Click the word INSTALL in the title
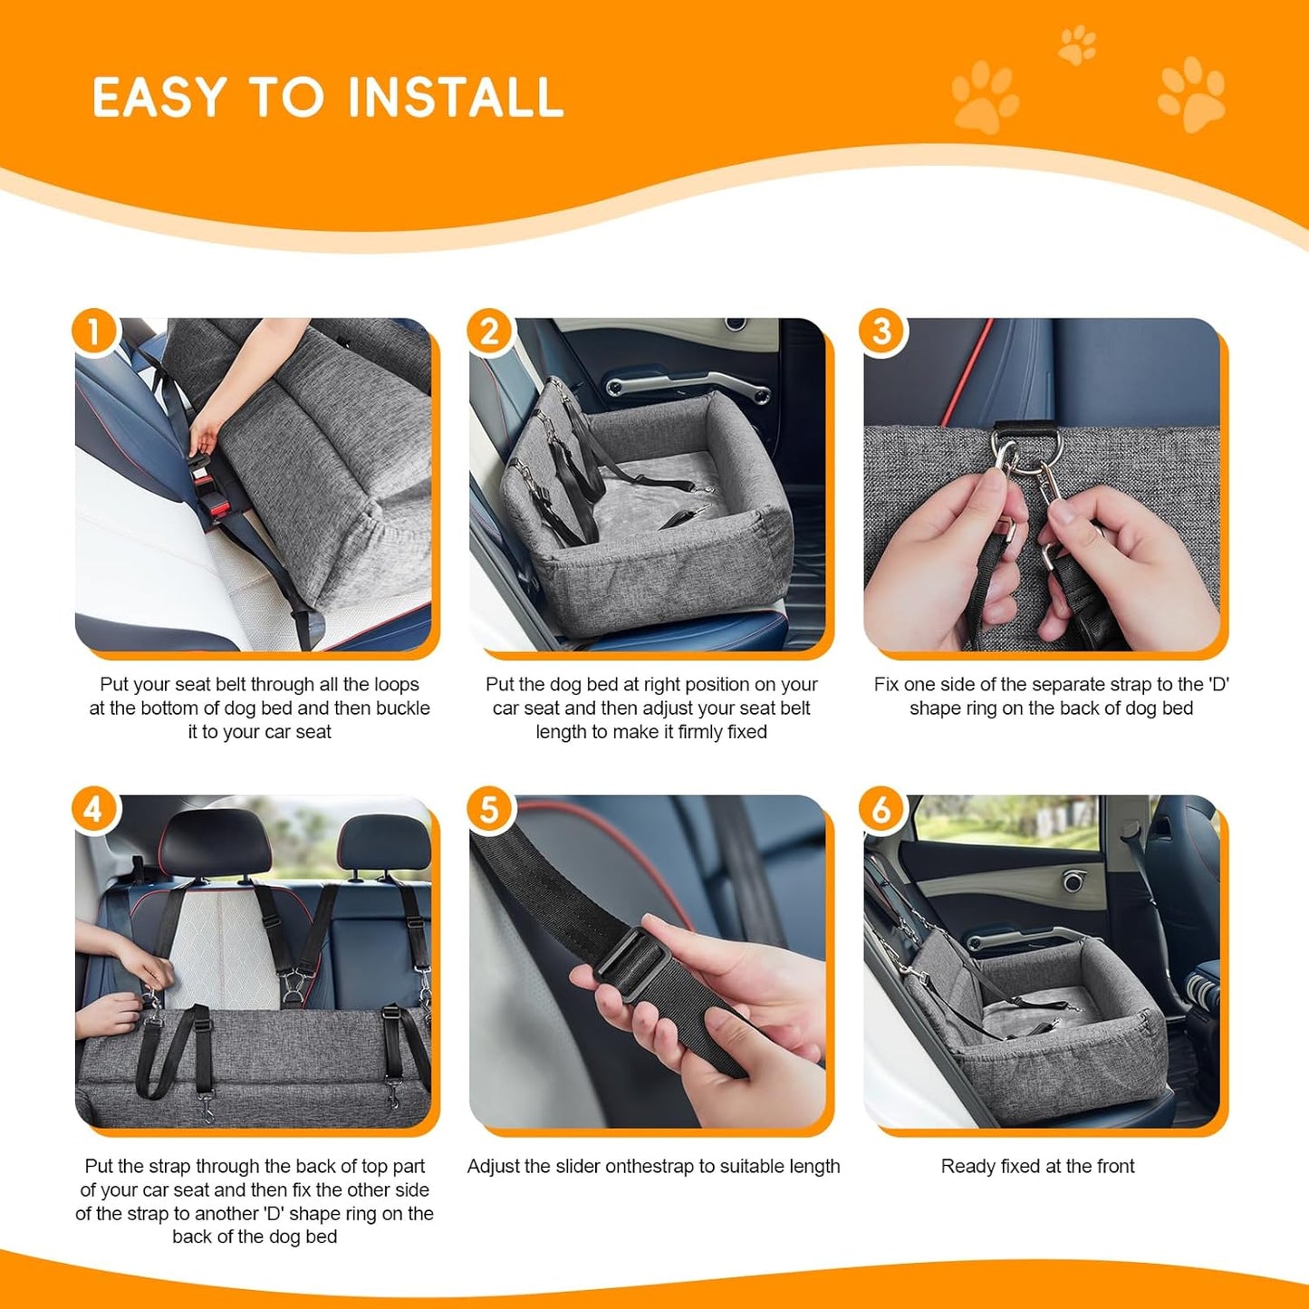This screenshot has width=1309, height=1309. coord(455,98)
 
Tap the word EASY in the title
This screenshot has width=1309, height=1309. coord(159,98)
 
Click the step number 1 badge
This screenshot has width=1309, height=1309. coord(94,332)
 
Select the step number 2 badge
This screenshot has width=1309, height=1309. coord(489,332)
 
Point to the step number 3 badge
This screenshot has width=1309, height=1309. coord(882,332)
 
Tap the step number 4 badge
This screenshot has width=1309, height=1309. coord(94,809)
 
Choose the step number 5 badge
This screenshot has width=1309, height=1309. coord(489,809)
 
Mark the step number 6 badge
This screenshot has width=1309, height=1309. coord(882,809)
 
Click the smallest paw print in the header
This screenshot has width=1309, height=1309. coord(1077,44)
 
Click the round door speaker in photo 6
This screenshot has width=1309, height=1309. coord(1074,880)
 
